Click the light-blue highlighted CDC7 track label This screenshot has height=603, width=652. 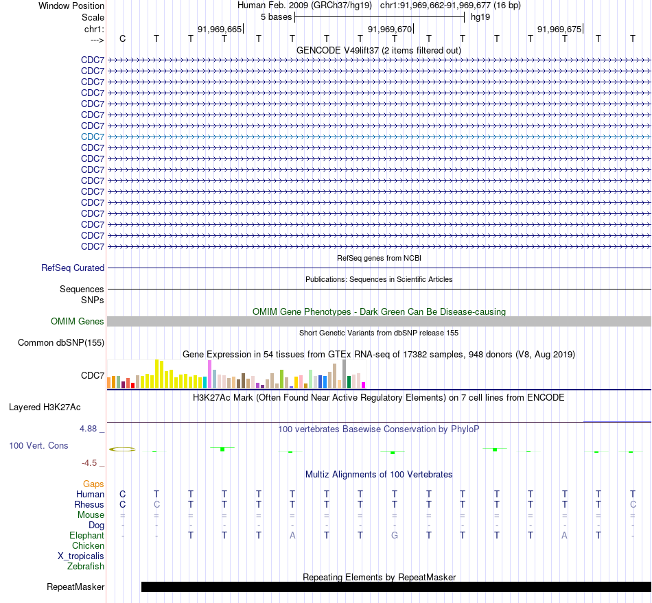pos(93,137)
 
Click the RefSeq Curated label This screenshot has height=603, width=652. pos(73,268)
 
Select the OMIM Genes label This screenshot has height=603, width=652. pos(78,321)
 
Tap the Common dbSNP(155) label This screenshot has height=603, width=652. pos(61,343)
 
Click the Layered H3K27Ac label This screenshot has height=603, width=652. pos(45,407)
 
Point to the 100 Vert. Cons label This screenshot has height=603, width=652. pos(38,445)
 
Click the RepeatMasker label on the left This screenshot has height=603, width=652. pos(75,587)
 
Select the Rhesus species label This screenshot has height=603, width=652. pos(89,504)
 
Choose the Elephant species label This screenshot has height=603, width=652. pos(87,535)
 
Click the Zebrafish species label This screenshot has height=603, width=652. pos(86,566)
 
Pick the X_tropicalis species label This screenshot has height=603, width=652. pos(81,556)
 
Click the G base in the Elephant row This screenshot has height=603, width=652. pos(395,535)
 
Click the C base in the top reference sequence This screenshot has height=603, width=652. pos(122,38)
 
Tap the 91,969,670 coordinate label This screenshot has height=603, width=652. pos(390,29)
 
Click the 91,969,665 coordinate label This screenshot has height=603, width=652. pos(220,29)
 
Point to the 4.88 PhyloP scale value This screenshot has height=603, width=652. pos(88,429)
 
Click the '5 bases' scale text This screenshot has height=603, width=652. pos(276,17)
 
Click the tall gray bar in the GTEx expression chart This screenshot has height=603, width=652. pos(345,374)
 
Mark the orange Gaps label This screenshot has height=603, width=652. pos(93,484)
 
